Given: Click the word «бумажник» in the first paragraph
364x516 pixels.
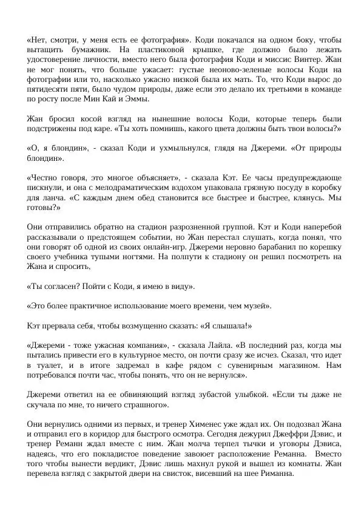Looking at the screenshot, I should coord(75,49).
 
